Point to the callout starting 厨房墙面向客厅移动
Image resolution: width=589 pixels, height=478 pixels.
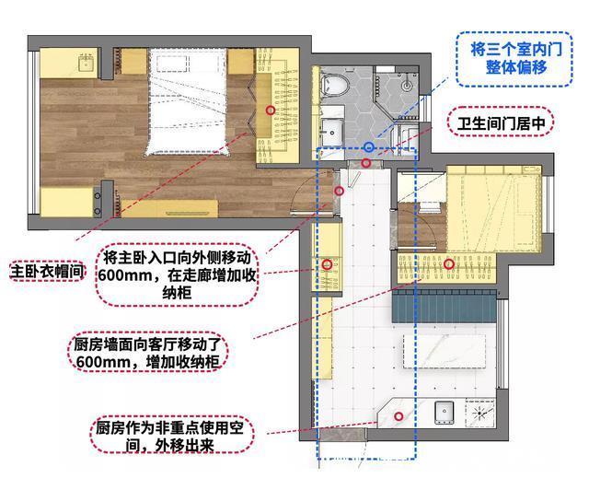pos(149,354)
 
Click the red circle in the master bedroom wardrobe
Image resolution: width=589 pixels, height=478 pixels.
pos(270,110)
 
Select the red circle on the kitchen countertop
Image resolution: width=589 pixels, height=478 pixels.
pos(398,415)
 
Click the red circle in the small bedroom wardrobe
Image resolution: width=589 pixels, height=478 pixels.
pos(449,264)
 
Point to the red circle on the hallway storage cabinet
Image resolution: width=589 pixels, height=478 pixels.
pos(327,264)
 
